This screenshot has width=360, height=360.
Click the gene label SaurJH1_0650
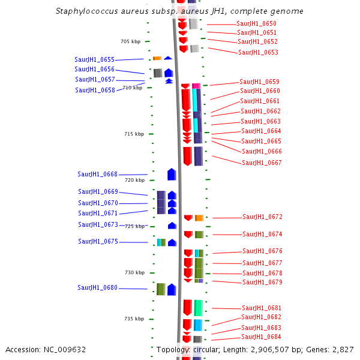257,23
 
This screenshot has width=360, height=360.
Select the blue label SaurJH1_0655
94,59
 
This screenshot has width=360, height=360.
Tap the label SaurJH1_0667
262,163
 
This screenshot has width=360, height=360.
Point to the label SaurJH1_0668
97,174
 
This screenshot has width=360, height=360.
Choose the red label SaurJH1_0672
262,217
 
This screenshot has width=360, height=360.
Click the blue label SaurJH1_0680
97,288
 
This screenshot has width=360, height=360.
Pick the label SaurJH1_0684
261,337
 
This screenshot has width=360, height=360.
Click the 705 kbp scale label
130,41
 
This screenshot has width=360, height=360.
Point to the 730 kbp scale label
135,272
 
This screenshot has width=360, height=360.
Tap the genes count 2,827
343,349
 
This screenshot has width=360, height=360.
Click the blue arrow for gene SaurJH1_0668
172,174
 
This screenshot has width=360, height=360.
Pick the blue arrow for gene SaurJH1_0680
172,289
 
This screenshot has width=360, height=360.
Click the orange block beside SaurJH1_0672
199,218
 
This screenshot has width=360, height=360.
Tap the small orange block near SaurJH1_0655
157,58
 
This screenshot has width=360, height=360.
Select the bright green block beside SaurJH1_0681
199,308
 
